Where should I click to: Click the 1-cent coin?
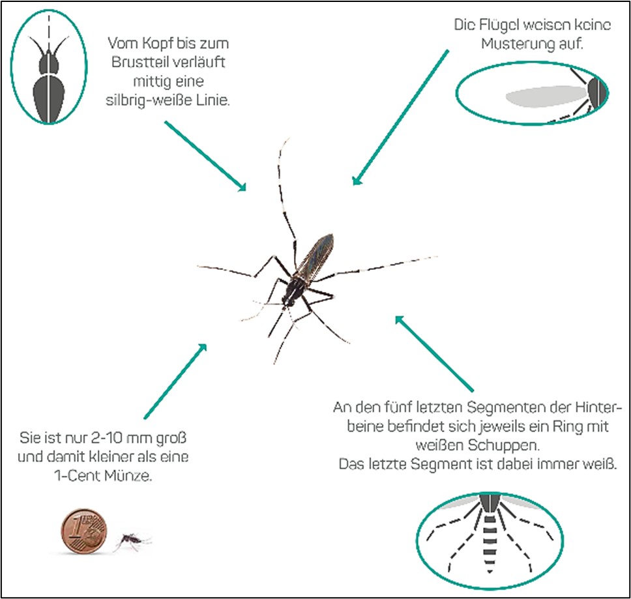pos(84,531)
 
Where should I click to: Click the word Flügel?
pos(497,25)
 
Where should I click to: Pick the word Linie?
pos(213,100)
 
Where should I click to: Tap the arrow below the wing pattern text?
pos(400,117)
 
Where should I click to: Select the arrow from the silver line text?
pos(205,156)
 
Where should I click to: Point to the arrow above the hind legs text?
pos(434,353)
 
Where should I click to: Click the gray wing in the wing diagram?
pos(546,96)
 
